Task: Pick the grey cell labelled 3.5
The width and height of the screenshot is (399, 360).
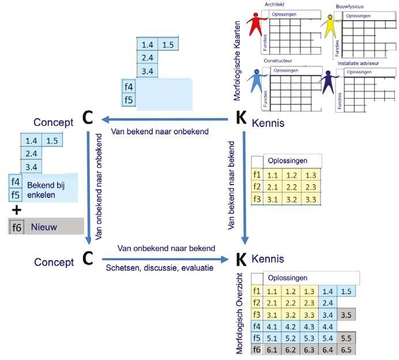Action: tap(346, 315)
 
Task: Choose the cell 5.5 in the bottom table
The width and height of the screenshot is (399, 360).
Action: tap(346, 339)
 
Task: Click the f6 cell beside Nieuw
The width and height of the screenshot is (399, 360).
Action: tap(16, 227)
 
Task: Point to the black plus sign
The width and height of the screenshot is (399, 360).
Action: tap(17, 209)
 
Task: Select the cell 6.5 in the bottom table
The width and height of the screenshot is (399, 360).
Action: tap(346, 350)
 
